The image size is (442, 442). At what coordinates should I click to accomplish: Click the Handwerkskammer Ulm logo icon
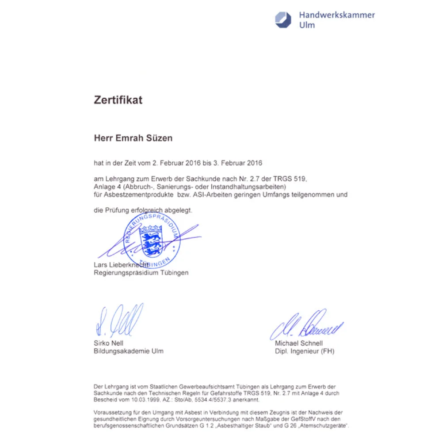(284, 20)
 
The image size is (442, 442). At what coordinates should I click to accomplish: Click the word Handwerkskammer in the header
(337, 15)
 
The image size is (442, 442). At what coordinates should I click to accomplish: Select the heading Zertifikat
(118, 100)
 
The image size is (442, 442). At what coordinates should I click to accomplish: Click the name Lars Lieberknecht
(121, 265)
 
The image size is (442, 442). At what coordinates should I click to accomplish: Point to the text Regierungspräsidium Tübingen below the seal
(141, 273)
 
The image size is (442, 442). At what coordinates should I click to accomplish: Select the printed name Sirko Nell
(109, 343)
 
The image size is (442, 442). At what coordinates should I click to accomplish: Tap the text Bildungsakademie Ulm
(129, 351)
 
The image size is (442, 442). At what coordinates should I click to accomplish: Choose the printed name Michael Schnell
(299, 343)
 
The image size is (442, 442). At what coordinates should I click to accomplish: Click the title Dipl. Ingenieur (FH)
(305, 351)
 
